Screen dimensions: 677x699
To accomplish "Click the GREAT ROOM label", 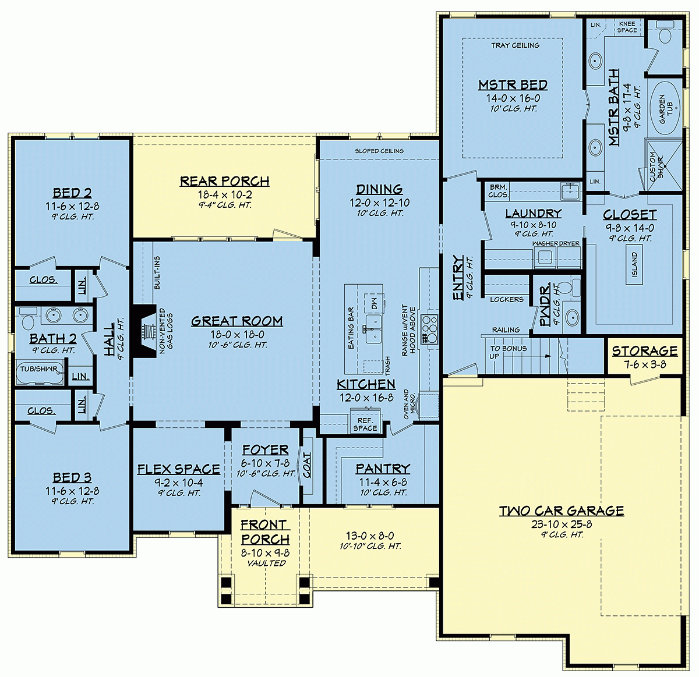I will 236,321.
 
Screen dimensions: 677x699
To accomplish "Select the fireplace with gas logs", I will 144,330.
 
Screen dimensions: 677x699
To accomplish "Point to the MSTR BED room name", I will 513,85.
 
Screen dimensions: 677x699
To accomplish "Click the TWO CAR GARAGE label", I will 562,511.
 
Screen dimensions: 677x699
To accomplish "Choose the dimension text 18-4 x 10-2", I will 224,194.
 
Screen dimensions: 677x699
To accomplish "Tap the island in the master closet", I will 634,265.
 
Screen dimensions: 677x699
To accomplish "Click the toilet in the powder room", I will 575,287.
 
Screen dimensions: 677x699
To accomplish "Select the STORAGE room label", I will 644,351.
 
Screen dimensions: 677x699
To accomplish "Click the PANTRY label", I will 383,469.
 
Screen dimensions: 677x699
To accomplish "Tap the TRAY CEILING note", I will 515,45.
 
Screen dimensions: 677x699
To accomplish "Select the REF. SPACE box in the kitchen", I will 365,423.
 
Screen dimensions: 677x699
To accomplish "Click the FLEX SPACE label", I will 178,469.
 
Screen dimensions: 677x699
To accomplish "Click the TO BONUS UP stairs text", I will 507,352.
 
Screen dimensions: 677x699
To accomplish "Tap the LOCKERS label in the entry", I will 506,299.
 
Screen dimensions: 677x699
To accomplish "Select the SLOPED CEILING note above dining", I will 379,151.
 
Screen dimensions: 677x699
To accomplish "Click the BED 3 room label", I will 72,477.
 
